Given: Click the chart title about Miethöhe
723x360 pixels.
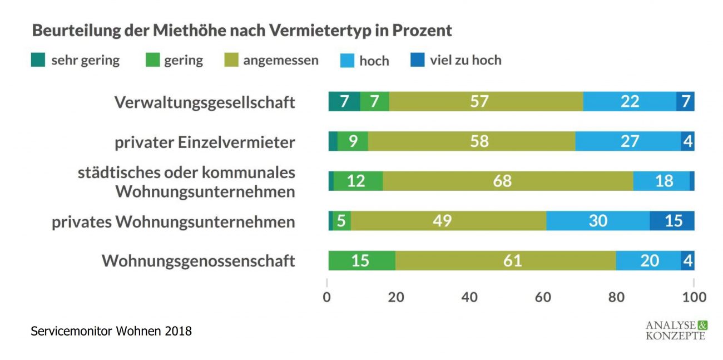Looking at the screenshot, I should pyautogui.click(x=242, y=30).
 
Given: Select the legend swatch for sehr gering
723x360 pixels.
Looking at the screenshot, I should pyautogui.click(x=38, y=60).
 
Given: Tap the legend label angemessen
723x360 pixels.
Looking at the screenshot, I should pyautogui.click(x=280, y=60).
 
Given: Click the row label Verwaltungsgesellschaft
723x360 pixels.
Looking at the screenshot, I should pyautogui.click(x=205, y=102).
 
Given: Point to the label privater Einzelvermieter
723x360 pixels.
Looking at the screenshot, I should pyautogui.click(x=205, y=142).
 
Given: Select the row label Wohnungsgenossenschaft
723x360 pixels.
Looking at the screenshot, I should pyautogui.click(x=198, y=261).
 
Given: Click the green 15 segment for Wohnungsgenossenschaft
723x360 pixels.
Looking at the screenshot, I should pyautogui.click(x=361, y=260).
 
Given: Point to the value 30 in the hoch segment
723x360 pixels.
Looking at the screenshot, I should pyautogui.click(x=598, y=221).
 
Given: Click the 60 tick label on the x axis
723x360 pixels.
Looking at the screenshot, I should pyautogui.click(x=543, y=297).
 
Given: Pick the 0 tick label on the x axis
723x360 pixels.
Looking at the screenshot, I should pyautogui.click(x=327, y=297).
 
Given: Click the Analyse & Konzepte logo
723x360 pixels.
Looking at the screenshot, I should pyautogui.click(x=676, y=329).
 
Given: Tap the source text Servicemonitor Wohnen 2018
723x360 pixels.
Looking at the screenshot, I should pyautogui.click(x=111, y=332).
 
